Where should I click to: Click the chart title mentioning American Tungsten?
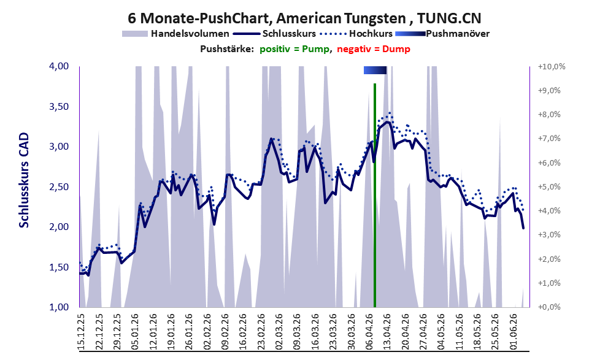point(304,18)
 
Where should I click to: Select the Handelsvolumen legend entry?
point(175,34)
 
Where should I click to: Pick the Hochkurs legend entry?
point(356,34)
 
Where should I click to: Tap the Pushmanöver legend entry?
point(442,34)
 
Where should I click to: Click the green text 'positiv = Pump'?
point(294,49)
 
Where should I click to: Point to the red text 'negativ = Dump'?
point(374,49)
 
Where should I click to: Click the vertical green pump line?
point(375,195)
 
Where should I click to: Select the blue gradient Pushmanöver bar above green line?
point(375,70)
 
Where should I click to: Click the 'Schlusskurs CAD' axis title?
point(24,180)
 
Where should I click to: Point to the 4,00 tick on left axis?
point(59,66)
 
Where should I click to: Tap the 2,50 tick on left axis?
point(59,187)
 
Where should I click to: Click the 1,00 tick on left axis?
point(59,307)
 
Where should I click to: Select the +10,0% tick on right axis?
point(552,67)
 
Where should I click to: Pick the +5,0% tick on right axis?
point(550,187)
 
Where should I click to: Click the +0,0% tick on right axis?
point(550,307)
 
